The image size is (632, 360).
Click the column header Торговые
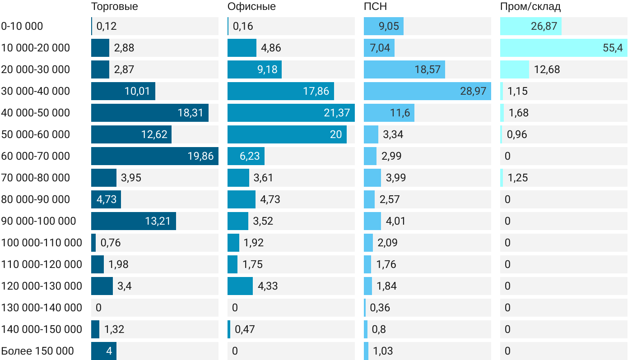tap(114, 7)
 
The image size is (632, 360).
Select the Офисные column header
tap(251, 7)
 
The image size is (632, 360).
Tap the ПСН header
tap(375, 7)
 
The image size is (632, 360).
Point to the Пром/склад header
tap(530, 7)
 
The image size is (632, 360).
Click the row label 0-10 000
tap(22, 26)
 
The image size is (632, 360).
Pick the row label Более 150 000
tap(37, 351)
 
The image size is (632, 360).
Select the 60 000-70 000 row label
tap(36, 156)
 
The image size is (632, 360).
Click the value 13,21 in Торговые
tap(158, 221)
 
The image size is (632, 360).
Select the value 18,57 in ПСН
tap(428, 69)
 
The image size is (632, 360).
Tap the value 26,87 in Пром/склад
tap(544, 26)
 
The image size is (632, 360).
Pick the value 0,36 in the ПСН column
tap(380, 308)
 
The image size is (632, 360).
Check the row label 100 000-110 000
tap(42, 243)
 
